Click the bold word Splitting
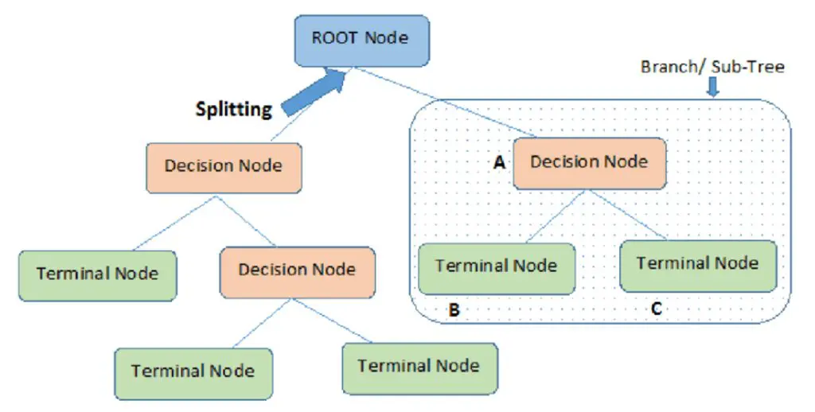tap(233, 109)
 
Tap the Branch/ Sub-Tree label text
tap(712, 67)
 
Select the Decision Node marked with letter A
tap(589, 162)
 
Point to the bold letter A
tap(500, 162)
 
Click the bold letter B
tap(454, 310)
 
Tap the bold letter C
tap(656, 309)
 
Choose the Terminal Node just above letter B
tap(496, 265)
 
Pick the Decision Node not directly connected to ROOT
tap(297, 270)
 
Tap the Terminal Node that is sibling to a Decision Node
tap(97, 274)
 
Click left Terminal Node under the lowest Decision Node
tap(193, 371)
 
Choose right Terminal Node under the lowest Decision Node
tap(419, 366)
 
